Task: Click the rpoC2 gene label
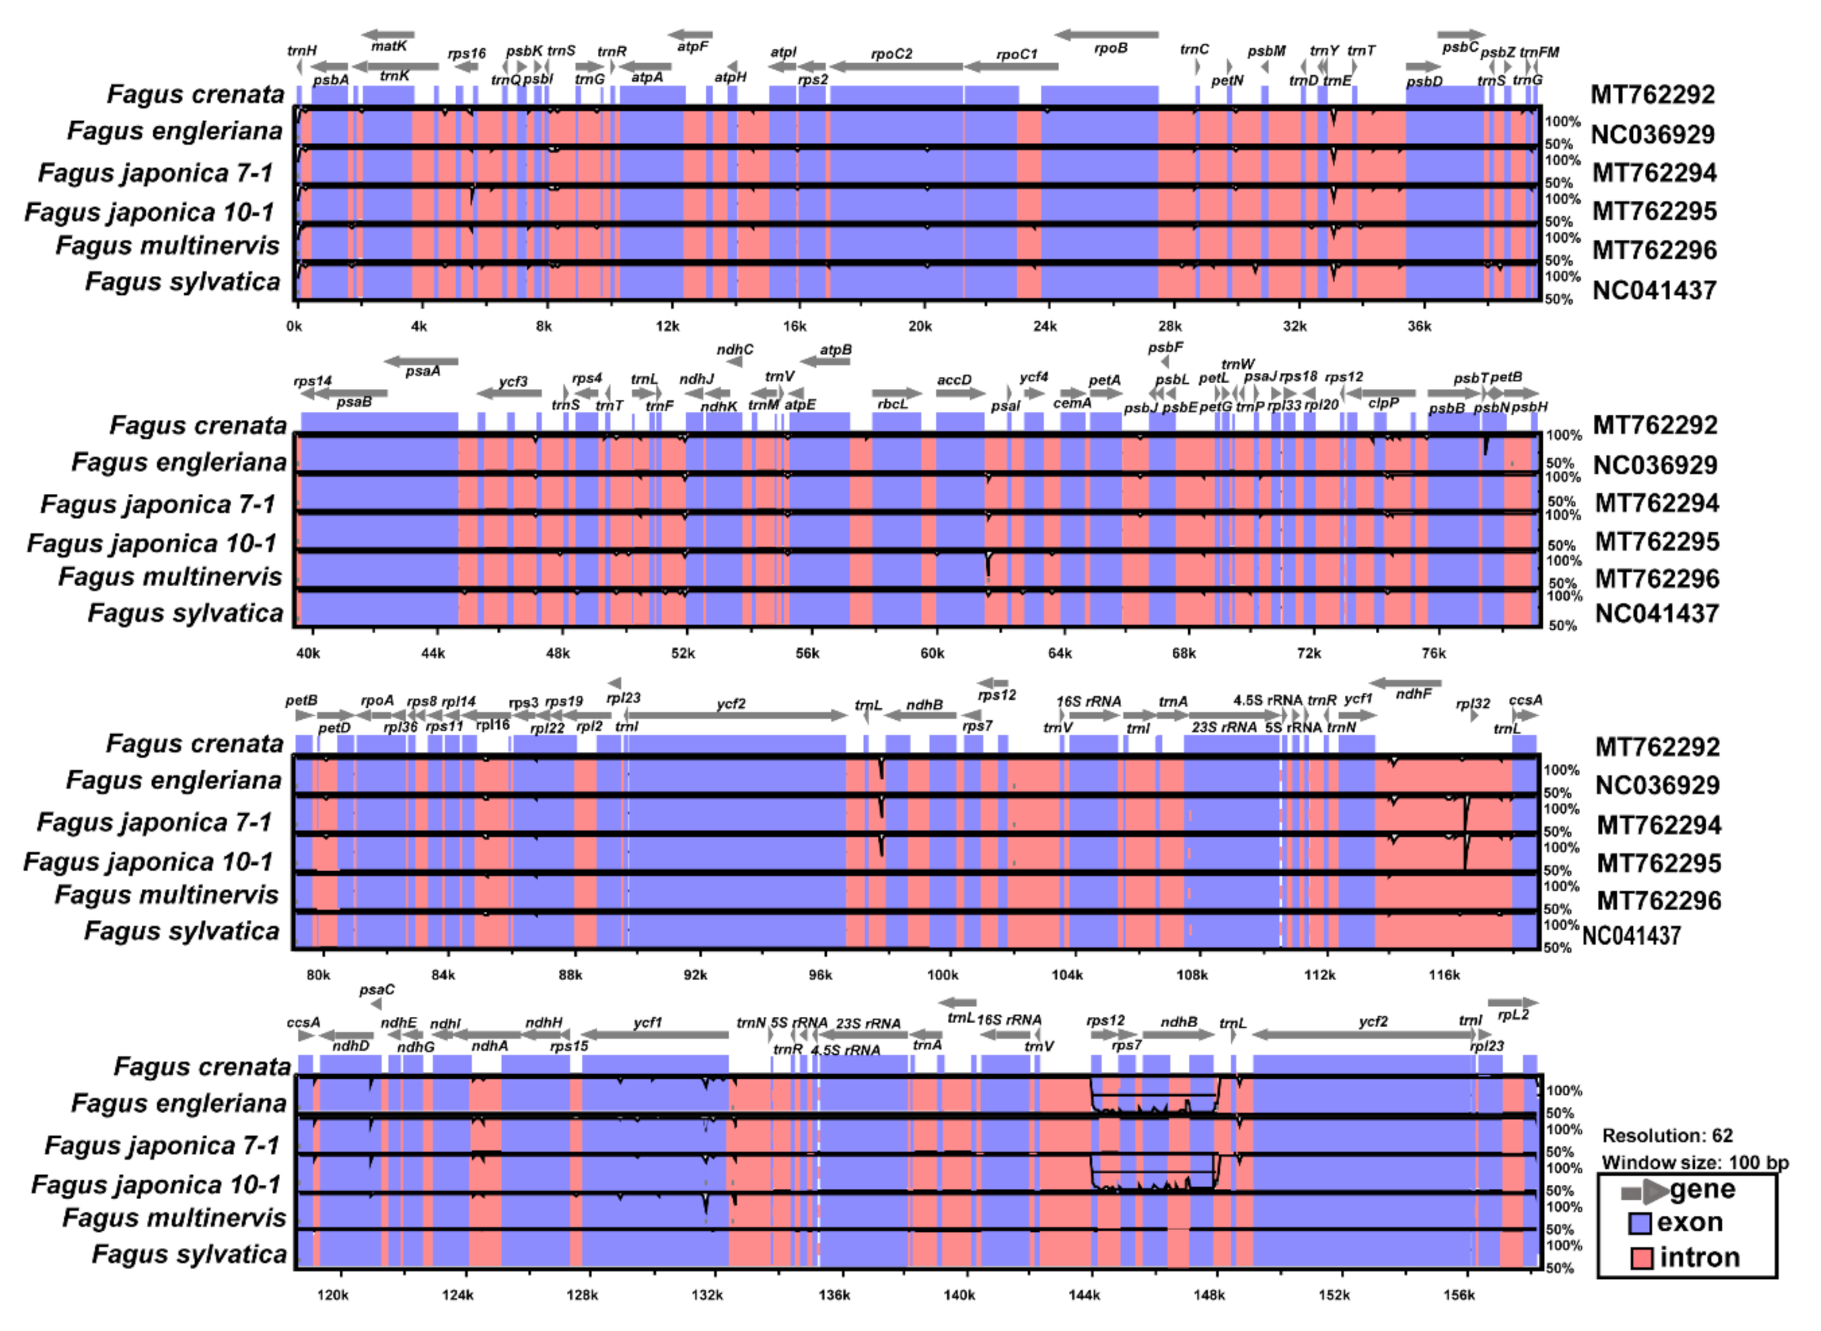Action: pos(892,54)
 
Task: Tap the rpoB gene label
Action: pos(1111,48)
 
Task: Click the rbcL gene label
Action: pos(892,404)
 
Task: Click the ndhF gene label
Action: pos(1413,694)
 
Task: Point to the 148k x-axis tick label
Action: pos(1208,1295)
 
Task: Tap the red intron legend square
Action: pos(1640,1258)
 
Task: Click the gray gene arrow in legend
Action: pos(1644,1191)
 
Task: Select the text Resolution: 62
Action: pos(1667,1136)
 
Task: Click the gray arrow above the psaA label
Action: pos(421,361)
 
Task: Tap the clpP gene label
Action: pos(1383,404)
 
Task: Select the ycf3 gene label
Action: pos(513,381)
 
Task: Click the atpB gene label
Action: pos(836,350)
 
